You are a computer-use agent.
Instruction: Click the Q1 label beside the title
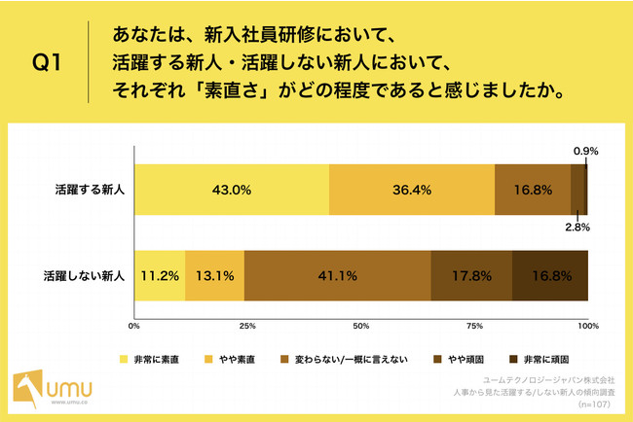point(47,62)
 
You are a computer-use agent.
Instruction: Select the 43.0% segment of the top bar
point(232,190)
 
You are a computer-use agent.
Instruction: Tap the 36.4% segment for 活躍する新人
point(412,190)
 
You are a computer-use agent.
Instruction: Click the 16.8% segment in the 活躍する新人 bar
point(533,190)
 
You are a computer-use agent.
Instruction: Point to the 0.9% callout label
point(585,151)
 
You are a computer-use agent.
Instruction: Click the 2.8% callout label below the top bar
point(577,228)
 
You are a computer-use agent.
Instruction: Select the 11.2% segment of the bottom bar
point(160,276)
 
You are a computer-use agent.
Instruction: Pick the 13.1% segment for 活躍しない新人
point(215,276)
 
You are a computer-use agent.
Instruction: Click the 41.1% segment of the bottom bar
point(338,276)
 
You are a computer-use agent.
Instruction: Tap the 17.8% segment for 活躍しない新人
point(471,276)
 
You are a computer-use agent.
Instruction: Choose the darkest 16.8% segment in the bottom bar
point(550,276)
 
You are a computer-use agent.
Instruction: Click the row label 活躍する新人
point(90,190)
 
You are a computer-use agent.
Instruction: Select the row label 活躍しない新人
point(84,276)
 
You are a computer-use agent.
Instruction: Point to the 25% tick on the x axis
point(247,326)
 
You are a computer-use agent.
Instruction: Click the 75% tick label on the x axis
point(475,326)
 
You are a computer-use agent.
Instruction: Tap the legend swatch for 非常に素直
point(124,359)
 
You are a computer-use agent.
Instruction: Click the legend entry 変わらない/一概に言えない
point(345,359)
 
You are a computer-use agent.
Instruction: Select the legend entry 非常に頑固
point(540,359)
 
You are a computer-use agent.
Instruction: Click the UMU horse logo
point(28,389)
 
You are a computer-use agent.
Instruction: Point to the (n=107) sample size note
point(594,404)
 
